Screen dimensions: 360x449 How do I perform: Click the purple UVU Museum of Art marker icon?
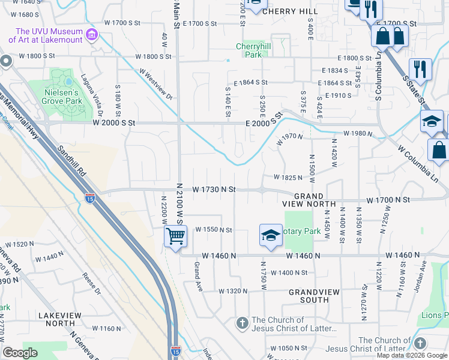pos(92,35)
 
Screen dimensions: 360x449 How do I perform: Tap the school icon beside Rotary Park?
pos(271,235)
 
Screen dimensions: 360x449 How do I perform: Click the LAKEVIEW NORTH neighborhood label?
pos(56,319)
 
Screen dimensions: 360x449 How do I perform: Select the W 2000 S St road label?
pos(115,122)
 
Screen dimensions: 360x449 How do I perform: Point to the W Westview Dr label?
pos(157,84)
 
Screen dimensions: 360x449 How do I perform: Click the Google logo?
pos(20,353)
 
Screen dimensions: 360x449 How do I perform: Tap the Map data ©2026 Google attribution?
pos(412,355)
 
